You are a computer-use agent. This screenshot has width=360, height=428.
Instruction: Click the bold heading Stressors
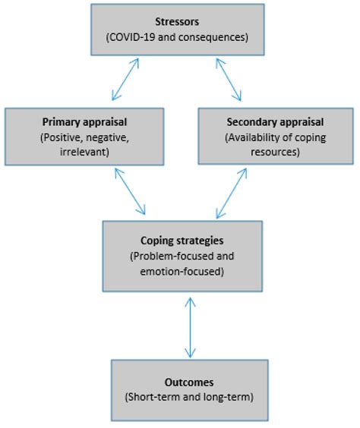click(178, 21)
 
